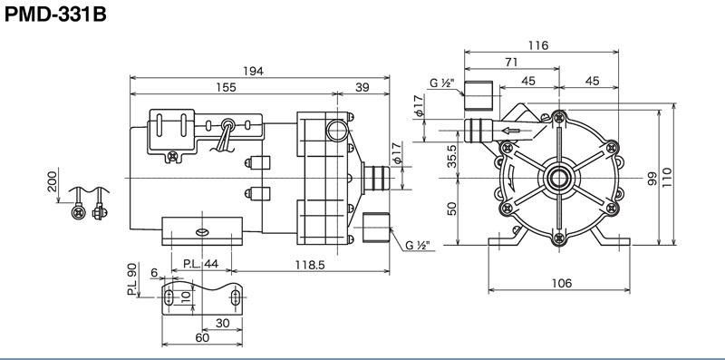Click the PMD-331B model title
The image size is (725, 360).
click(x=55, y=15)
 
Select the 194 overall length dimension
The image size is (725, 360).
click(x=254, y=72)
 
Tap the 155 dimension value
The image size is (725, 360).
click(x=226, y=87)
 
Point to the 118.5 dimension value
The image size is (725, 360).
click(x=310, y=264)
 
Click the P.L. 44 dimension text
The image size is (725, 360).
click(x=200, y=264)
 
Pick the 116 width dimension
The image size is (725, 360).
click(x=538, y=45)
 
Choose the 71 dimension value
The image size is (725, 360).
click(x=511, y=62)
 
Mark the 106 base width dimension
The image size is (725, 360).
click(x=562, y=283)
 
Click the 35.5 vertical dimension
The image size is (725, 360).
click(x=451, y=156)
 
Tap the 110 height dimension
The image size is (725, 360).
click(x=667, y=176)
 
